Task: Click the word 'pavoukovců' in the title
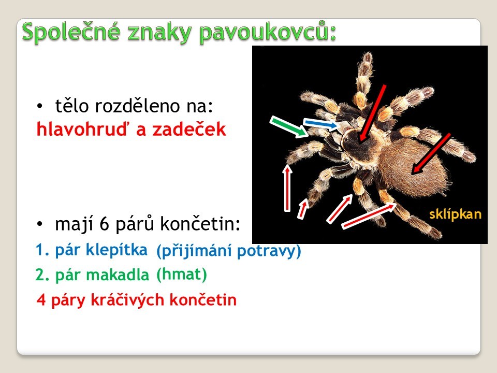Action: (x=268, y=32)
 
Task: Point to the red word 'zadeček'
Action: (x=189, y=129)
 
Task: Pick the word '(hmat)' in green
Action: (x=182, y=275)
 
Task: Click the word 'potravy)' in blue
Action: (x=269, y=251)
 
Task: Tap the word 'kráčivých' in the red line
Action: (x=127, y=300)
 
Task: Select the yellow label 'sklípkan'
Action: (x=455, y=214)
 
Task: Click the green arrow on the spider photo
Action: (x=289, y=126)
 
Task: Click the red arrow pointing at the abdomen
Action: (x=431, y=154)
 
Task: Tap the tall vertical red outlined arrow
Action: (x=287, y=188)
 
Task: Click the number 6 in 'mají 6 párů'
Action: (x=104, y=224)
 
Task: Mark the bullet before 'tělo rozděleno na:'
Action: (x=39, y=106)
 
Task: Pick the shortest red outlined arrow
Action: (x=303, y=208)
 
